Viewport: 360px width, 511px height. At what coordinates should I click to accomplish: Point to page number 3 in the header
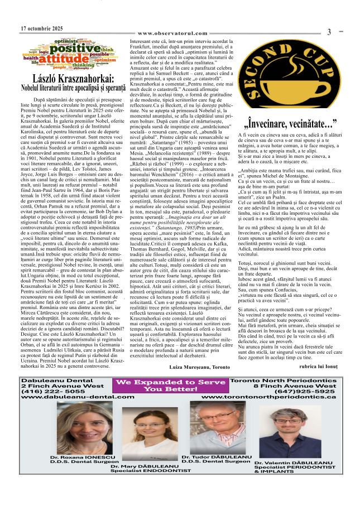click(329, 32)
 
